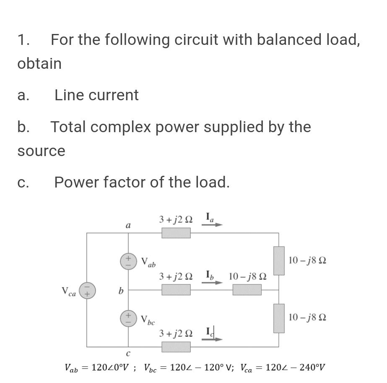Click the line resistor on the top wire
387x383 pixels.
click(176, 233)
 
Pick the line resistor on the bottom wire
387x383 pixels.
click(176, 347)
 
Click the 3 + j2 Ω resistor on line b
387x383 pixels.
click(176, 290)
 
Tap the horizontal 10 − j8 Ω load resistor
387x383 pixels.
click(247, 290)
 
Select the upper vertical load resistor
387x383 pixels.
click(279, 261)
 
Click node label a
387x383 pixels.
click(128, 225)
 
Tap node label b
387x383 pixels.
click(121, 290)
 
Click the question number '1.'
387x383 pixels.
click(23, 40)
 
